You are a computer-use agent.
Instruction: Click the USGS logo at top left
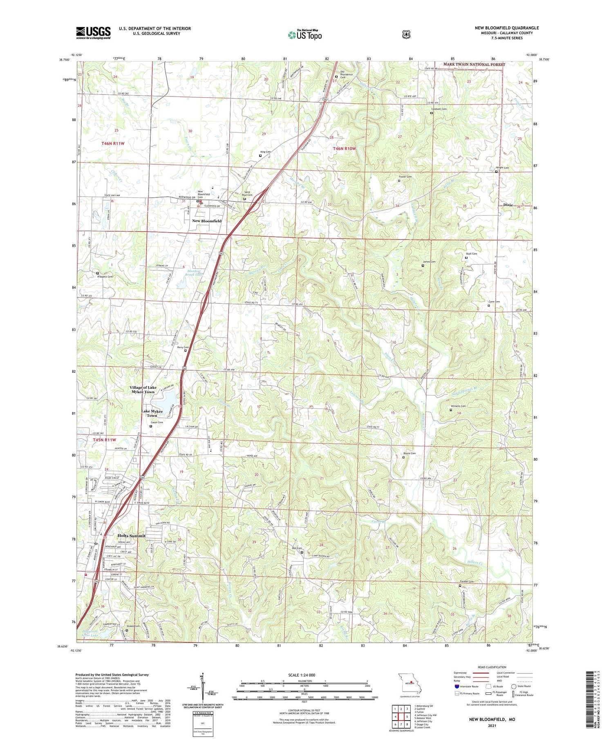click(93, 33)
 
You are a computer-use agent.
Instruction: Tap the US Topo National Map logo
click(305, 35)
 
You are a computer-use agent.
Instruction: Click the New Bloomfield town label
click(207, 221)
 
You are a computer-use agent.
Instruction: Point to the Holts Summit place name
click(131, 535)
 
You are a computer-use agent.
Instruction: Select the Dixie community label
click(508, 205)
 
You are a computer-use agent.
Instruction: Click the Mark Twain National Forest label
click(474, 65)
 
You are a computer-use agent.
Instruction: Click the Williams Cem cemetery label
click(458, 406)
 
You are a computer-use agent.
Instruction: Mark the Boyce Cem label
click(409, 453)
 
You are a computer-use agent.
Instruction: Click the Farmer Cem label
click(466, 582)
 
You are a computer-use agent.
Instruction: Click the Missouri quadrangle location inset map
click(406, 682)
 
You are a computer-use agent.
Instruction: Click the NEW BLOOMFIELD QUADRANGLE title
click(507, 28)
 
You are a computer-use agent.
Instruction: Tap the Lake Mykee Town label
click(152, 413)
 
